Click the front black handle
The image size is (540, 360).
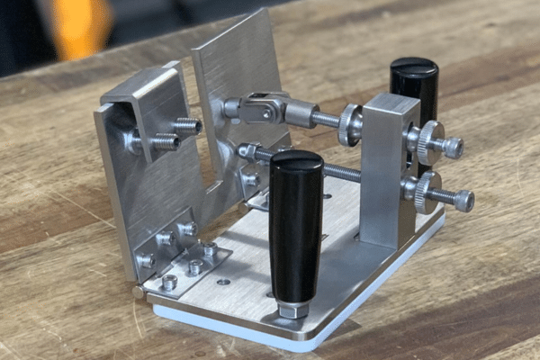click(295, 225)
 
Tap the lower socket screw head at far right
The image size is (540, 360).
click(464, 200)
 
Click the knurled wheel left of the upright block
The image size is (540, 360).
click(349, 125)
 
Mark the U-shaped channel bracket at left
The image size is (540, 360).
click(135, 162)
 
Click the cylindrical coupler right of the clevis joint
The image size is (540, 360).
click(301, 115)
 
